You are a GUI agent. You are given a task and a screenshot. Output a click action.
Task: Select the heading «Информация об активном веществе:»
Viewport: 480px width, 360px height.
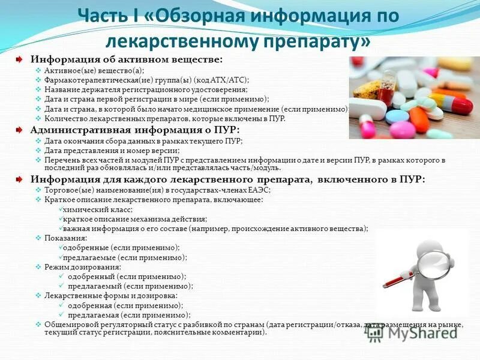pyautogui.click(x=127, y=60)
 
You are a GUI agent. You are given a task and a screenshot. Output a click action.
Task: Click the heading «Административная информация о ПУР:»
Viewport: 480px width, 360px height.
pyautogui.click(x=136, y=130)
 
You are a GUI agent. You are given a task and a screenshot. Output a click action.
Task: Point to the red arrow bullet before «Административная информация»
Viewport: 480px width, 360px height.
pyautogui.click(x=20, y=130)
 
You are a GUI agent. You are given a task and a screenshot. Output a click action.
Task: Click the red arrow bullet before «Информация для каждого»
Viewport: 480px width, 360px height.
pyautogui.click(x=20, y=179)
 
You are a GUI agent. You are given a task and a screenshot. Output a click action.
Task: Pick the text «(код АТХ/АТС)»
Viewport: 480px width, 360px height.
pyautogui.click(x=221, y=80)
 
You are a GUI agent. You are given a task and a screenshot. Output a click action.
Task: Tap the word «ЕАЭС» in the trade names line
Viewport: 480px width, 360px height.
pyautogui.click(x=257, y=190)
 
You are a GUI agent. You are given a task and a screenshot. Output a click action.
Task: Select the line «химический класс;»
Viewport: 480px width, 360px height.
pyautogui.click(x=97, y=209)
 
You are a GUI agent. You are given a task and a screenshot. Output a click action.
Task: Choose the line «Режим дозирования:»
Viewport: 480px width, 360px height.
pyautogui.click(x=83, y=266)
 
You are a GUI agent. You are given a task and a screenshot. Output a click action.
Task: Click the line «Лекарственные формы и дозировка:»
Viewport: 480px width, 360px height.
pyautogui.click(x=111, y=295)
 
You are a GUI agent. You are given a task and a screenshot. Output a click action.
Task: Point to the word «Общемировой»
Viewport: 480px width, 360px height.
pyautogui.click(x=68, y=324)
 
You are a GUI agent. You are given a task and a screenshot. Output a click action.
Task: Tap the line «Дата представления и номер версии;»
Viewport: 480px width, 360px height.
pyautogui.click(x=112, y=151)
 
